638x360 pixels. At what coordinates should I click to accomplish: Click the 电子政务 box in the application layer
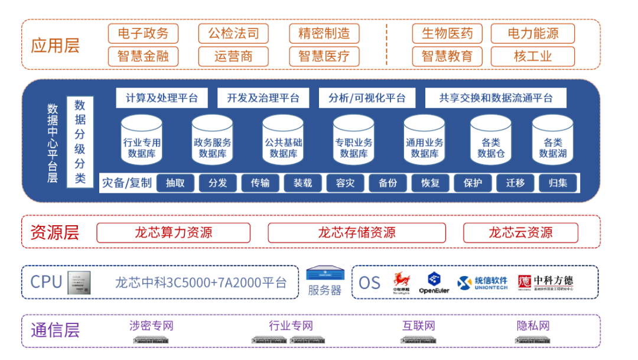(x=143, y=33)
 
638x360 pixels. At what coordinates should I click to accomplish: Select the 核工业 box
(x=532, y=56)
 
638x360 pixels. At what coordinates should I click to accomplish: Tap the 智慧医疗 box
(x=324, y=56)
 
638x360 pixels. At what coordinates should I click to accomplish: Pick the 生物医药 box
(x=447, y=33)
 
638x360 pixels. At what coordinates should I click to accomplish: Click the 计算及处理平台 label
(x=162, y=98)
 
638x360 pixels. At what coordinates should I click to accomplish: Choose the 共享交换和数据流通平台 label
(x=496, y=98)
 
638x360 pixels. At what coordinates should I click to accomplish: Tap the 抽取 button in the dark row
(x=175, y=183)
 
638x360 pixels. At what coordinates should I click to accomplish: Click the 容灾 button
(x=345, y=183)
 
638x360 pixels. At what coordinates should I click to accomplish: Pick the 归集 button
(x=558, y=183)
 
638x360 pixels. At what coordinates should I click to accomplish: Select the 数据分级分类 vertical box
(x=80, y=142)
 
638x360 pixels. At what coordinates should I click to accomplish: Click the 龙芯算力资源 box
(x=173, y=232)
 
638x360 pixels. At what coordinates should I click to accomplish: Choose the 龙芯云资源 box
(x=520, y=232)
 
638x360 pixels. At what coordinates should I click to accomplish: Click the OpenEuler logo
(x=434, y=283)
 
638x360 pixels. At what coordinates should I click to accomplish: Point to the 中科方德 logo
(x=545, y=283)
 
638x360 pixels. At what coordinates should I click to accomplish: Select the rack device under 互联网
(x=419, y=340)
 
